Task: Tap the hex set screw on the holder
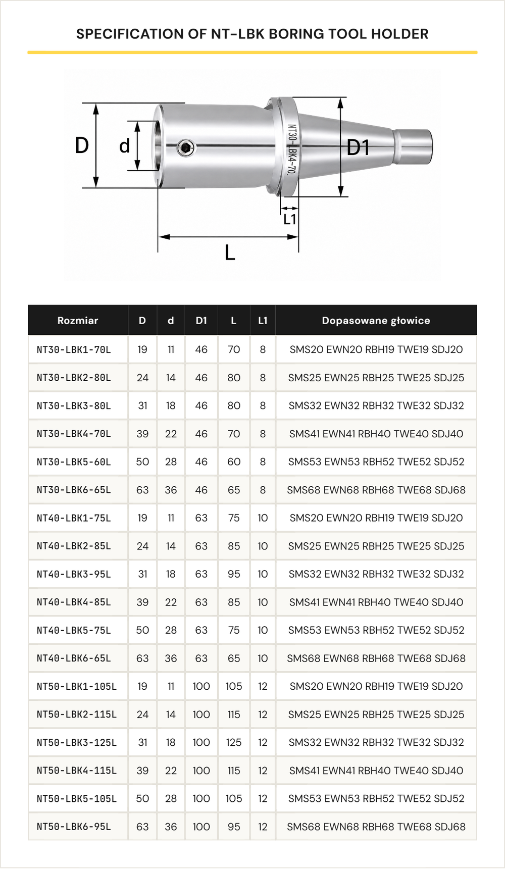click(x=186, y=147)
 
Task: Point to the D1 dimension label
click(x=358, y=147)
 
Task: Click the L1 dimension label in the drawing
click(x=289, y=219)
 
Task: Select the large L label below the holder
click(x=230, y=252)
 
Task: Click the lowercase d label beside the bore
click(x=125, y=145)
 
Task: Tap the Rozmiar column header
click(x=78, y=320)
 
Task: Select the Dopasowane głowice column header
click(x=376, y=320)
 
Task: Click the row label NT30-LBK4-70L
click(x=74, y=434)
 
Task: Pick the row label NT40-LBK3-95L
click(x=74, y=574)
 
